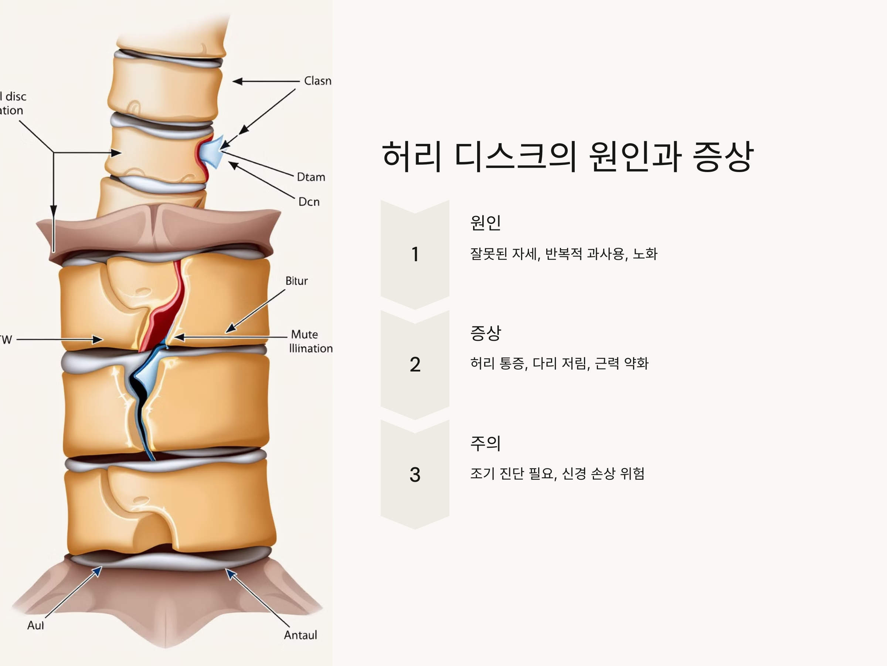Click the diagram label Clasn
[x=317, y=81]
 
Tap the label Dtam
[x=311, y=177]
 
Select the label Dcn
[x=309, y=202]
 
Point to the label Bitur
[x=296, y=280]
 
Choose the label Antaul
[x=300, y=635]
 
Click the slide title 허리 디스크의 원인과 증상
[x=567, y=156]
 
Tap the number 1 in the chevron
[x=415, y=255]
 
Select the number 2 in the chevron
[x=415, y=364]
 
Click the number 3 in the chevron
[x=415, y=474]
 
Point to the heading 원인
[x=485, y=222]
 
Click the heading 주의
[x=485, y=443]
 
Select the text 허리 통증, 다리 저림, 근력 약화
[x=559, y=363]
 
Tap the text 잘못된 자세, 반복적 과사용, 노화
[x=563, y=254]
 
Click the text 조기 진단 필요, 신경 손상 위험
[x=557, y=474]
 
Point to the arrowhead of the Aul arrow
[x=98, y=570]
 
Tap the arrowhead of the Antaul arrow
[x=229, y=572]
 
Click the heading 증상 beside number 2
[x=485, y=333]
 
